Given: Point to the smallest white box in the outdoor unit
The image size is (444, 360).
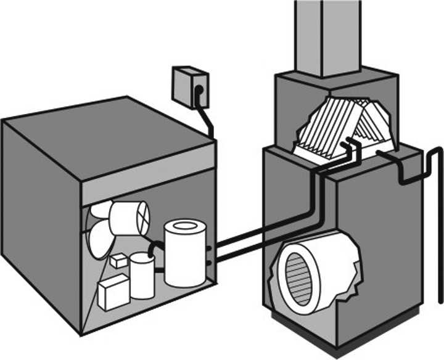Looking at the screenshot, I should [x=118, y=261].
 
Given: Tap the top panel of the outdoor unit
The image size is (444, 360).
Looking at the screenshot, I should [x=111, y=133].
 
